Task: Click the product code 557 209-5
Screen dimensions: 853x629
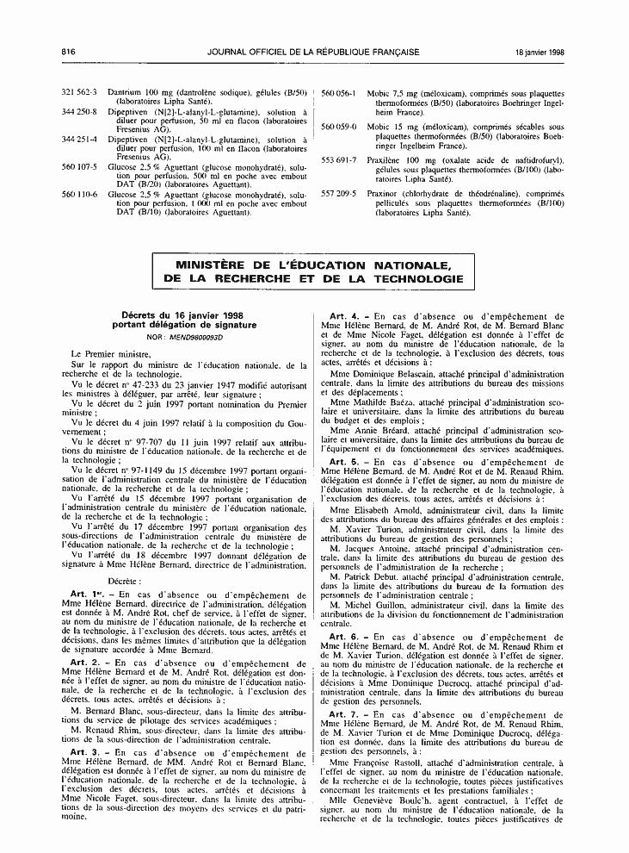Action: pyautogui.click(x=339, y=196)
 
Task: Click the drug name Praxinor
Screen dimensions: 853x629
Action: pyautogui.click(x=383, y=196)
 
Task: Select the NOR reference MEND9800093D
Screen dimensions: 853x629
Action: pyautogui.click(x=192, y=337)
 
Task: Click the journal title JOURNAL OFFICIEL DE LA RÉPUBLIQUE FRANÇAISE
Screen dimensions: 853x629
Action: pyautogui.click(x=313, y=52)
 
